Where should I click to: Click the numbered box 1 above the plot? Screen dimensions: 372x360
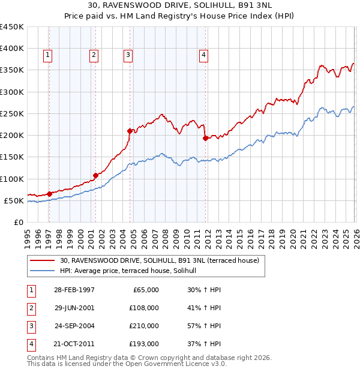pos(47,55)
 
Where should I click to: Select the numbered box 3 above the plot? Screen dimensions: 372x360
pos(128,55)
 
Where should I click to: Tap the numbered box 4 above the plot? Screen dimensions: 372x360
pos(204,55)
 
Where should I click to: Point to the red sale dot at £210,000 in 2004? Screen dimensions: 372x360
pos(130,130)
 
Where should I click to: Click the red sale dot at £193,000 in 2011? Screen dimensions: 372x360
pos(205,138)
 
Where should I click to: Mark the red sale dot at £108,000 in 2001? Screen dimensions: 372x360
pos(95,175)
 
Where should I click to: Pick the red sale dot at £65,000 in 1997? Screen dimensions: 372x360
pos(49,194)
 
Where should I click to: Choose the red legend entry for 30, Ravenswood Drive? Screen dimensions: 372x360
pos(159,260)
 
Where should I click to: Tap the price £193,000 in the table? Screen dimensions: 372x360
pos(144,344)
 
